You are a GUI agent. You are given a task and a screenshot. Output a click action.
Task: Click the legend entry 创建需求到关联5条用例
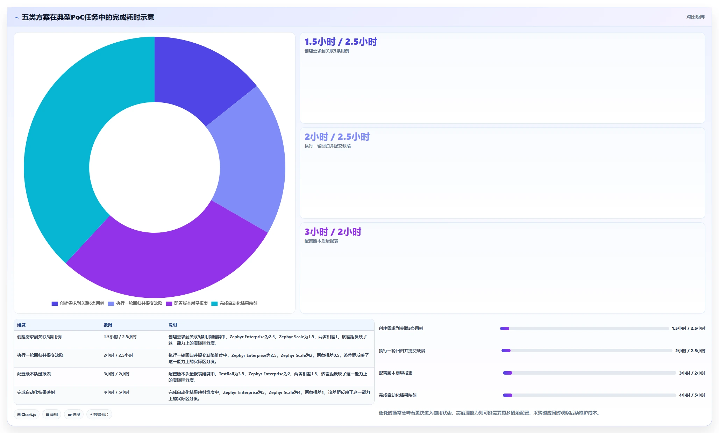pyautogui.click(x=78, y=303)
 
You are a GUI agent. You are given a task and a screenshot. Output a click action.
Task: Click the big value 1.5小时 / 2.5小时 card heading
pyautogui.click(x=341, y=42)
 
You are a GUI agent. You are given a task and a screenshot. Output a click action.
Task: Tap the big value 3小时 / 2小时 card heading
pyautogui.click(x=333, y=232)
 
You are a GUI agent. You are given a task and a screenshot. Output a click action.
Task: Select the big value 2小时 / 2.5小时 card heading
pyautogui.click(x=337, y=137)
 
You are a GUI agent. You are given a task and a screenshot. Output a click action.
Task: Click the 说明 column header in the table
pyautogui.click(x=173, y=325)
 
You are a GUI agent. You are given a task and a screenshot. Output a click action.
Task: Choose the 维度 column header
pyautogui.click(x=21, y=325)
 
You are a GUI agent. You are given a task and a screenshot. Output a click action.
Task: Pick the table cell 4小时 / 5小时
pyautogui.click(x=116, y=392)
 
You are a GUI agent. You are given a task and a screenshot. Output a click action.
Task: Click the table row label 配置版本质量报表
pyautogui.click(x=34, y=374)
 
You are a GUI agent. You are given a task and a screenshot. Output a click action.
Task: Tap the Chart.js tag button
pyautogui.click(x=27, y=414)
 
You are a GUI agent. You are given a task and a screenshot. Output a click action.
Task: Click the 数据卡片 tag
pyautogui.click(x=99, y=414)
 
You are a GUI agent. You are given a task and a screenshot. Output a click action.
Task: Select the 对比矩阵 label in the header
pyautogui.click(x=695, y=17)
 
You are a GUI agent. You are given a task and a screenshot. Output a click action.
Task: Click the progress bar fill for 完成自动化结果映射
pyautogui.click(x=507, y=395)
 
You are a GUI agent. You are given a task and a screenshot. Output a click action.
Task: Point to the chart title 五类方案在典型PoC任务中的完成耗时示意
pyautogui.click(x=88, y=17)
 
